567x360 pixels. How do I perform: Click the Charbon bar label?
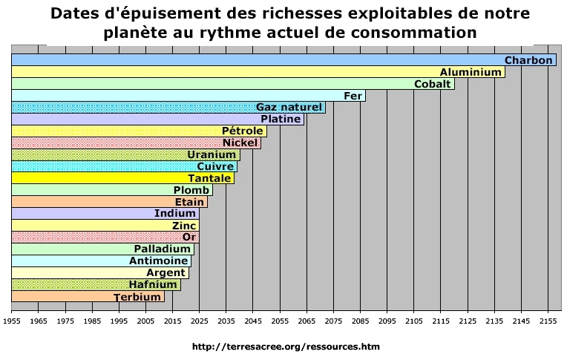coord(528,60)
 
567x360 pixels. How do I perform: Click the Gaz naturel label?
coord(289,108)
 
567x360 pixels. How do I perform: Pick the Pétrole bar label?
coord(243,131)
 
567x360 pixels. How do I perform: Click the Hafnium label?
coord(153,284)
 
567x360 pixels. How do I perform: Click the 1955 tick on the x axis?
coord(12,321)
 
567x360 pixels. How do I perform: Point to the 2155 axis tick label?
coord(548,321)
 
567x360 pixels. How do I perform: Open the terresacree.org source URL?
coord(286,346)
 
